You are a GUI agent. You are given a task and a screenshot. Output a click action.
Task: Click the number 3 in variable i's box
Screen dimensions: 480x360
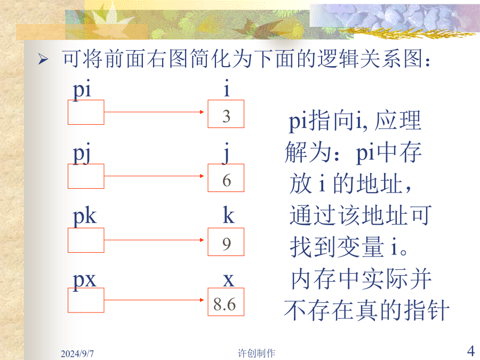(226, 116)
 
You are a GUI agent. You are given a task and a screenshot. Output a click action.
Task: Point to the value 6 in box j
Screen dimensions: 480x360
(227, 180)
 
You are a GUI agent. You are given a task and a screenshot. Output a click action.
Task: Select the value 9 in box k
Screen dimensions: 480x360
(227, 244)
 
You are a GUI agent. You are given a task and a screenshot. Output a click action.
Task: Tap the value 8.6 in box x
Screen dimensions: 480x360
(225, 305)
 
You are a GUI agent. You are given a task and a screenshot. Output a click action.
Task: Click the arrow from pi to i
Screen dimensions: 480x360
(154, 112)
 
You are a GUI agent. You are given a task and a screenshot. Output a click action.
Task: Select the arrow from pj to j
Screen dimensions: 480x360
(154, 176)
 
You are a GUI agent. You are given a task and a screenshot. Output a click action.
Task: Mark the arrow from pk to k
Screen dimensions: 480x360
(154, 240)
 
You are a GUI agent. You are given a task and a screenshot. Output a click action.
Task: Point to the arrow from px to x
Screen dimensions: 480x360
(154, 300)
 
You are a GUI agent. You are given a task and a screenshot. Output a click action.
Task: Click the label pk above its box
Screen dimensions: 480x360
(84, 217)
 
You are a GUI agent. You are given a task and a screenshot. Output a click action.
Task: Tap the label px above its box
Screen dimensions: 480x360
(84, 280)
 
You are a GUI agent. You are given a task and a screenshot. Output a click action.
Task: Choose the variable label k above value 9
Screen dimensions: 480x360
(229, 215)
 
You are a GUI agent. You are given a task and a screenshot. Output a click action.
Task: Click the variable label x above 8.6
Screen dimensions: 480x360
(229, 280)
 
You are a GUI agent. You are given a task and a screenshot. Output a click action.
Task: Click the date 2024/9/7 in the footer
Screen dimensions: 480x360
(77, 354)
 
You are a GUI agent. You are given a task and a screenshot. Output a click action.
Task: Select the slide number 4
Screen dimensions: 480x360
(471, 351)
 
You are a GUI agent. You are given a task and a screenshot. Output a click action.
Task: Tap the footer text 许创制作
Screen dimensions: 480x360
(257, 353)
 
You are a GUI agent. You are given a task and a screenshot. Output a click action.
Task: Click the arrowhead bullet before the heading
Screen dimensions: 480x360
(43, 59)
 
